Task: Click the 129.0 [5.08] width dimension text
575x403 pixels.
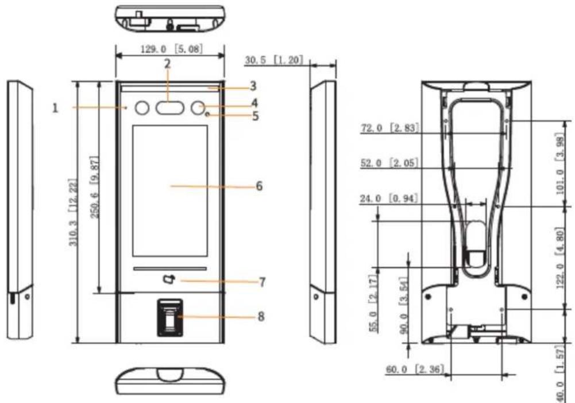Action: pos(171,49)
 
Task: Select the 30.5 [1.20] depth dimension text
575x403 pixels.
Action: pos(274,60)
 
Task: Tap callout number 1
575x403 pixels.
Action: pos(55,108)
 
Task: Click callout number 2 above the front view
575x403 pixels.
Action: pos(168,64)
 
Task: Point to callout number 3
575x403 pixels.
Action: pos(253,86)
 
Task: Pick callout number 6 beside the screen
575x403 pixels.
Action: pos(259,186)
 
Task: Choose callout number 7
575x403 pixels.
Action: pos(262,282)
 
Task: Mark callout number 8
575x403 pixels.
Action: pos(261,316)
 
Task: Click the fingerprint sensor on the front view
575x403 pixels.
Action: pos(170,317)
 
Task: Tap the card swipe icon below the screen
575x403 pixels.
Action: pos(169,279)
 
